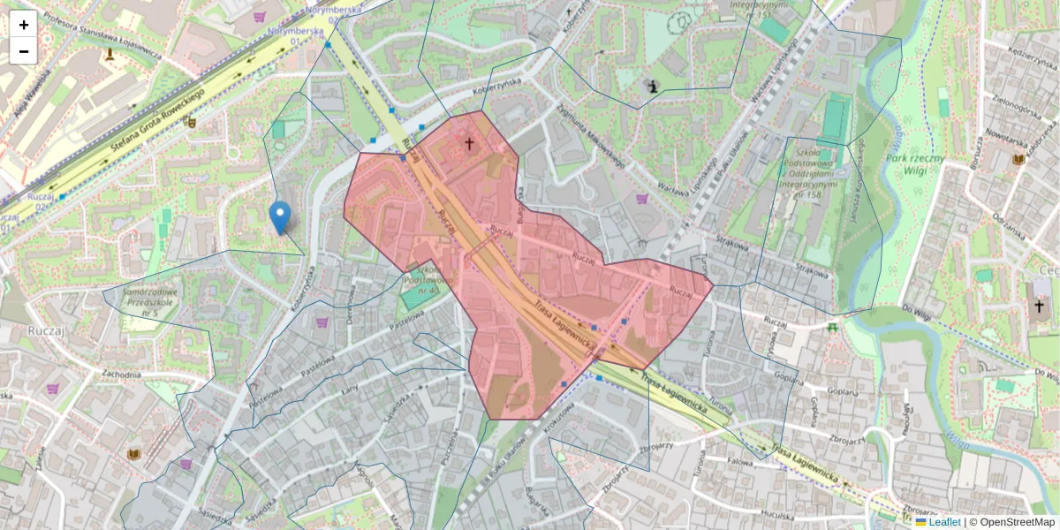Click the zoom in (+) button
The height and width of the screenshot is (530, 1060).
pyautogui.click(x=23, y=24)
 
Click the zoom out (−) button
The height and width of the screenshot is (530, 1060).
pyautogui.click(x=23, y=51)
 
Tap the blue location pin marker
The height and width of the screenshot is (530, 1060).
pyautogui.click(x=280, y=216)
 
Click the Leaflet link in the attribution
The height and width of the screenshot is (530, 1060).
pyautogui.click(x=944, y=522)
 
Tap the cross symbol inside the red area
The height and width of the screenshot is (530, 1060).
pyautogui.click(x=469, y=143)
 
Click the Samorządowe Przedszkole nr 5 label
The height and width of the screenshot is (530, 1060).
pyautogui.click(x=153, y=302)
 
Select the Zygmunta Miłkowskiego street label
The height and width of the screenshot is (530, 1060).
pyautogui.click(x=591, y=137)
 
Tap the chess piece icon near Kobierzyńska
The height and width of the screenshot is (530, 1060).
pyautogui.click(x=653, y=87)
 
